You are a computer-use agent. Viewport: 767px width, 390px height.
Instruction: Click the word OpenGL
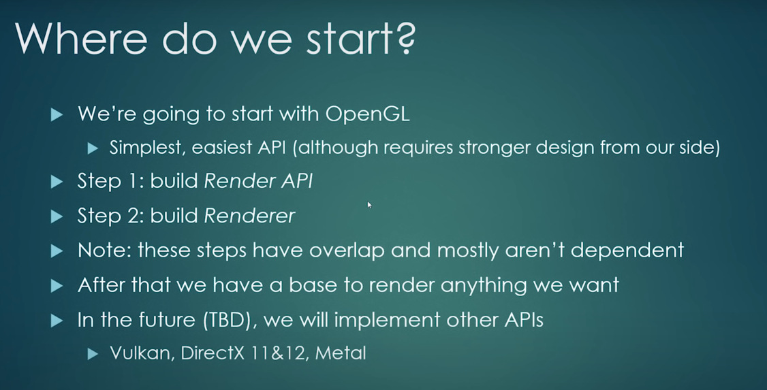[x=367, y=114]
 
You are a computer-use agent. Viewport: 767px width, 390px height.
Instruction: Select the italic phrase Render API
[x=258, y=181]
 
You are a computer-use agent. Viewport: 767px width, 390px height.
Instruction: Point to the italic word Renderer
[x=249, y=216]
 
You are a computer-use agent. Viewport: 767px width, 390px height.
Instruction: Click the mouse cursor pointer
[x=369, y=205]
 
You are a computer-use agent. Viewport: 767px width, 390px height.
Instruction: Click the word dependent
[x=627, y=250]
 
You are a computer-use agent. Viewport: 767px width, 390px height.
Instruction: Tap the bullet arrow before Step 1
[x=57, y=182]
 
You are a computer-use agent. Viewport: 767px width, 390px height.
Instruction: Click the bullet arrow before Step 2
[x=57, y=216]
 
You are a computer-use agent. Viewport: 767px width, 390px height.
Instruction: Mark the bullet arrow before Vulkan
[x=93, y=354]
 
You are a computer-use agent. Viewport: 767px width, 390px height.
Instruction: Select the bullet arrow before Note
[x=57, y=251]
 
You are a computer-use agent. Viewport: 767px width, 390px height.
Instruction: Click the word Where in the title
[x=80, y=37]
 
